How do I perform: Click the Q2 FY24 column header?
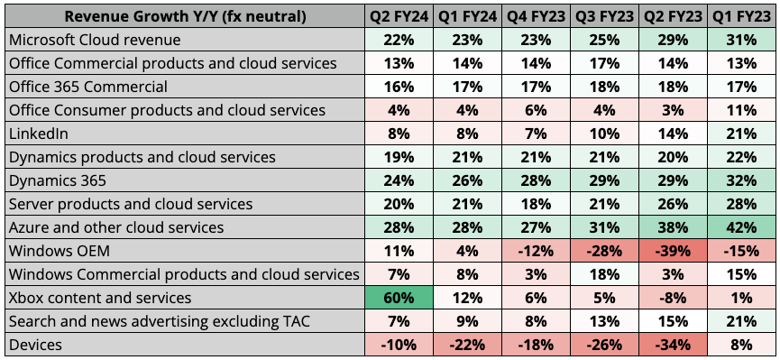[399, 16]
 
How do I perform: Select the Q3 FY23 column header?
[604, 16]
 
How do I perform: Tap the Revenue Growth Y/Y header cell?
[185, 16]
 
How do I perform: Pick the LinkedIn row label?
[37, 134]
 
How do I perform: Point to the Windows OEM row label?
[60, 250]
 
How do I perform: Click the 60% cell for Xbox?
[399, 297]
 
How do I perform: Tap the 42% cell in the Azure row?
[741, 227]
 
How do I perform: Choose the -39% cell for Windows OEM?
[673, 250]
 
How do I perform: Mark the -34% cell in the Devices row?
[673, 344]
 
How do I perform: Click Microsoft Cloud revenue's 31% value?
[741, 40]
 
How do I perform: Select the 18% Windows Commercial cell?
[604, 273]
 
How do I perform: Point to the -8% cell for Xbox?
[673, 297]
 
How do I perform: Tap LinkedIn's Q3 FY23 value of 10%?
[604, 134]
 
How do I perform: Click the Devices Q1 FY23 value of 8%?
[741, 344]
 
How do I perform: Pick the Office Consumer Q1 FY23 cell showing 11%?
[741, 110]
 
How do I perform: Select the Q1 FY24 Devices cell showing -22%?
[467, 344]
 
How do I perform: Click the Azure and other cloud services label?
[115, 227]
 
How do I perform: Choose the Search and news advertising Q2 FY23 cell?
[673, 320]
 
